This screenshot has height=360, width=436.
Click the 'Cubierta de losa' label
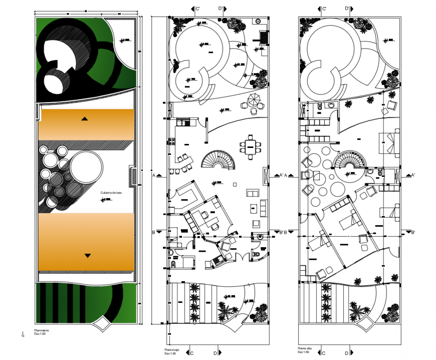111,193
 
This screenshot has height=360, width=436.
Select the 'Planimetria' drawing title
42,330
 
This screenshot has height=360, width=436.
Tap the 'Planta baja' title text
172,349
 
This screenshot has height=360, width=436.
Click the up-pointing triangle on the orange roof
85,119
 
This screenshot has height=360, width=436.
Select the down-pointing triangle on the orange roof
88,256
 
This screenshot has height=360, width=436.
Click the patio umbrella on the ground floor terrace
254,99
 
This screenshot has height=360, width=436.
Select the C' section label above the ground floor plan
197,9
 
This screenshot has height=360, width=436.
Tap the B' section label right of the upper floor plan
413,233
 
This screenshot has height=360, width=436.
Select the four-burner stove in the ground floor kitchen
183,122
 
